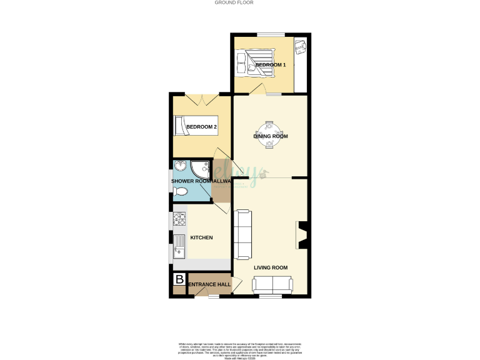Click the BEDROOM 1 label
tap(270, 65)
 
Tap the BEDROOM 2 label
tap(201, 127)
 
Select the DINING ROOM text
tap(270, 136)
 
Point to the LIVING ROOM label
tap(271, 267)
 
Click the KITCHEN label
tap(202, 237)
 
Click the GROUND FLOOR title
tap(234, 2)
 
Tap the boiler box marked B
tap(179, 279)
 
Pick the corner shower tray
tap(201, 169)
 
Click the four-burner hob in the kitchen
tap(179, 219)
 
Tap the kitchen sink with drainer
tap(179, 247)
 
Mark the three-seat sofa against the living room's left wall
tap(242, 234)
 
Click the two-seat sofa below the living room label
tap(272, 285)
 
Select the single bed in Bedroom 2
tap(195, 125)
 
